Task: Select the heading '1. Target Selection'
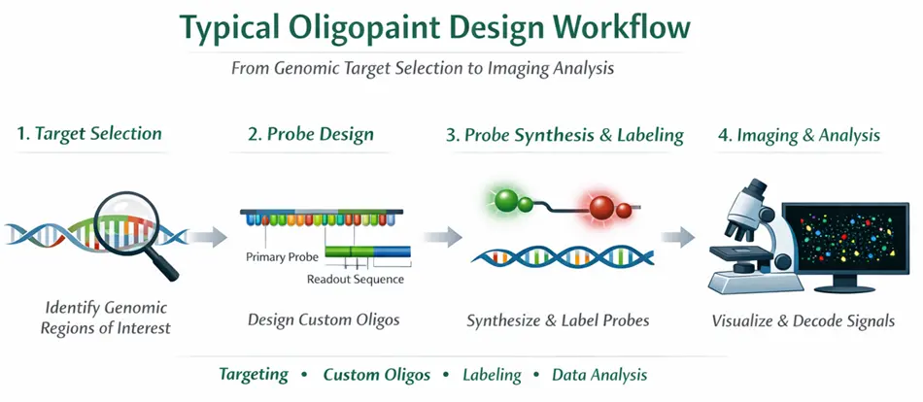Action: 89,135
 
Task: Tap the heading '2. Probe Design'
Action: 308,135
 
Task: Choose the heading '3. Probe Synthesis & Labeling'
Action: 564,135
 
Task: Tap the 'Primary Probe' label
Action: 283,258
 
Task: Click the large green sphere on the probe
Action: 504,201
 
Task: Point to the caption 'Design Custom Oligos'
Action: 310,319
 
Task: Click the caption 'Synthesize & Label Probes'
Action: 558,319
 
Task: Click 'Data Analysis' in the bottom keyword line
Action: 599,375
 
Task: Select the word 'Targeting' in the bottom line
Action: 254,375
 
